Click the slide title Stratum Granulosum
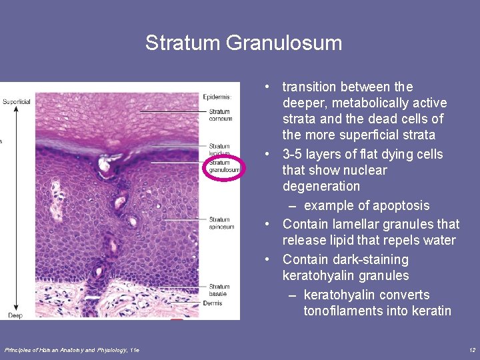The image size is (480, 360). click(243, 43)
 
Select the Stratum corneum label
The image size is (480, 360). click(220, 115)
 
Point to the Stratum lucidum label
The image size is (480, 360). click(219, 149)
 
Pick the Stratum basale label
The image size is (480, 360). click(219, 290)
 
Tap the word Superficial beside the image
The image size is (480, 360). click(16, 102)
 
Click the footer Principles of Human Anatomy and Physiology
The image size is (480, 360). click(71, 350)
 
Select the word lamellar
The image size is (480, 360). click(349, 224)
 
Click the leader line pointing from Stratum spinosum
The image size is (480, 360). click(184, 219)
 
